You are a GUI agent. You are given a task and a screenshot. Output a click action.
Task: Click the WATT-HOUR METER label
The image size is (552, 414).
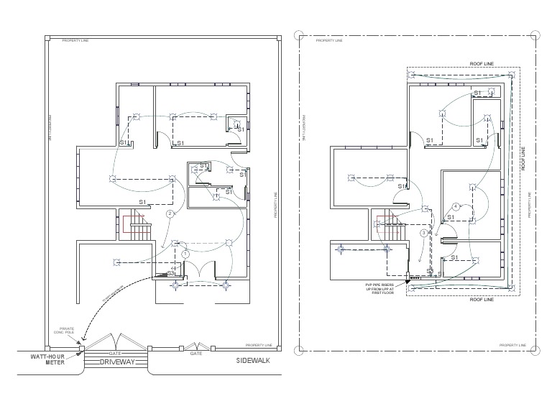coord(47,359)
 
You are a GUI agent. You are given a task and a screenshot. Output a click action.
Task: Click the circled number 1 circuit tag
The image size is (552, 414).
coord(185,254)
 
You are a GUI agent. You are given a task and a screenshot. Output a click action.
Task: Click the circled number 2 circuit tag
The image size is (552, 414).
coord(170,214)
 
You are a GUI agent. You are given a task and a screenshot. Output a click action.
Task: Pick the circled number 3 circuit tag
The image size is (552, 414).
coord(425,233)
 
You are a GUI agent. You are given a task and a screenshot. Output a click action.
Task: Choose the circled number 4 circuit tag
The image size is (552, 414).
coord(456,206)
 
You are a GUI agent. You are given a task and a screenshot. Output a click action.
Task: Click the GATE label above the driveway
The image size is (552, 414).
coord(114,354)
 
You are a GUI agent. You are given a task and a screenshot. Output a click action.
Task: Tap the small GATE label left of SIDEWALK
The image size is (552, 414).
coord(195,354)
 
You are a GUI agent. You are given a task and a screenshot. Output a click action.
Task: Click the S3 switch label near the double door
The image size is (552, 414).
coord(171,273)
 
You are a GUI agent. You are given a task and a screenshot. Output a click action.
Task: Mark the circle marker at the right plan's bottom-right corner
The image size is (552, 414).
coord(535,351)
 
